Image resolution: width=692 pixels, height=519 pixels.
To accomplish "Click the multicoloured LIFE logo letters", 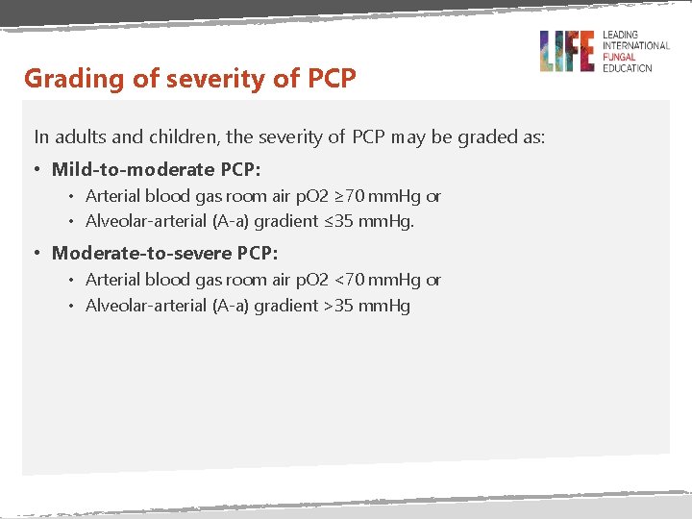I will (x=567, y=51).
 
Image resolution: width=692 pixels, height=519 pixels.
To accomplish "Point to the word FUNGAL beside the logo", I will (x=621, y=57).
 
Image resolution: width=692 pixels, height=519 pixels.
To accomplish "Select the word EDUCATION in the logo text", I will (x=628, y=68).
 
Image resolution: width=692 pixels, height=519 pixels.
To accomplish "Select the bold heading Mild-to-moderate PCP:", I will (x=157, y=169).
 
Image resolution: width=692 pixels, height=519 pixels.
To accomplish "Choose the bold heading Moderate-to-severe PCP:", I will (x=165, y=253).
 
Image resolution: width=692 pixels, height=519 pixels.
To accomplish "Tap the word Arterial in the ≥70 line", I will (x=112, y=196).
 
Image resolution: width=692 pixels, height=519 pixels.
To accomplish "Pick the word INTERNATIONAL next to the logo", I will (x=636, y=45).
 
